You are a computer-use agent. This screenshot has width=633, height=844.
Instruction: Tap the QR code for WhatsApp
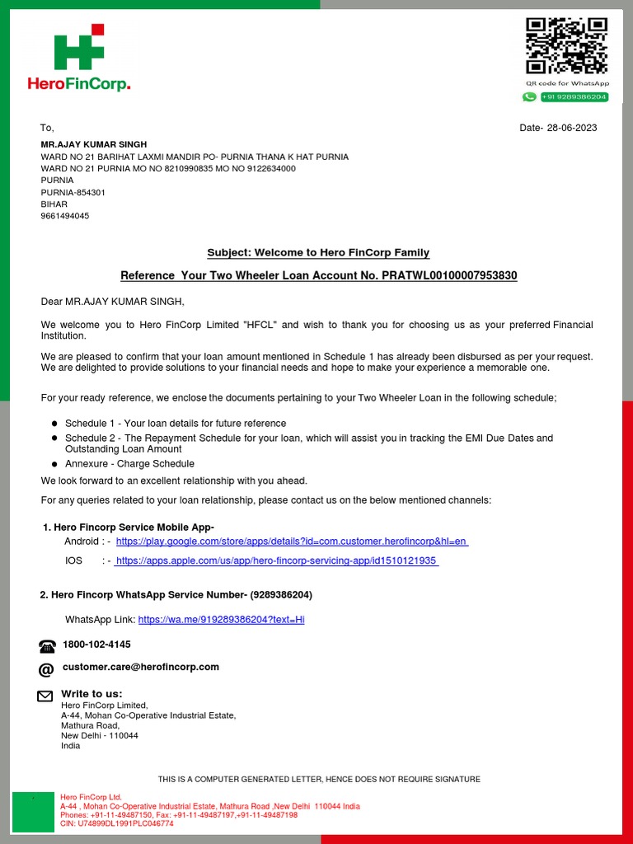(567, 45)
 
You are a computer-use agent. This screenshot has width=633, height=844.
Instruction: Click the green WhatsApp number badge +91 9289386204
(574, 97)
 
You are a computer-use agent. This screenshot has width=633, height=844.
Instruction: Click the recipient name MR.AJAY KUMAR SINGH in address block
(94, 144)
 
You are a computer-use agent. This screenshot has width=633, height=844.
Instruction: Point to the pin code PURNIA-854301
(73, 192)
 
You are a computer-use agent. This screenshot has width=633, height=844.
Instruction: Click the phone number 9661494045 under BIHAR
(65, 216)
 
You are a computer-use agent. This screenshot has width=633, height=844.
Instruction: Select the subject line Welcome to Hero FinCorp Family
(318, 252)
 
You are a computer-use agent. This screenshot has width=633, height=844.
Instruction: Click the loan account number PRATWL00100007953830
(449, 275)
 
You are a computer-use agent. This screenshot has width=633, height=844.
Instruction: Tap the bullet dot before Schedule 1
(54, 424)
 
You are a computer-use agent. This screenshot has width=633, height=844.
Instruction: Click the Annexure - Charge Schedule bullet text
(129, 464)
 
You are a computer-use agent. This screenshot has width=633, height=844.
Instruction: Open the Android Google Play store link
(292, 542)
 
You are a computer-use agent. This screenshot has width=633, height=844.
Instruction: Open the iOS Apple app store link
(276, 560)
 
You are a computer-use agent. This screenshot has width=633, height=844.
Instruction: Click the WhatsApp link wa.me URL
(221, 619)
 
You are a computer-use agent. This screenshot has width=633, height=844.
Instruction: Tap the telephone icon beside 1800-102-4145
(47, 645)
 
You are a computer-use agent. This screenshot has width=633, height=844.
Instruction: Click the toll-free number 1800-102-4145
(96, 645)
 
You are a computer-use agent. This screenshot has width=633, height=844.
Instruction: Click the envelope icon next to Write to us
(45, 696)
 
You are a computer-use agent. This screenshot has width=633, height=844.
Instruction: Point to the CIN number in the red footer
(117, 823)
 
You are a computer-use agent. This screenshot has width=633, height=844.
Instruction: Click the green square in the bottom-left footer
(33, 812)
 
